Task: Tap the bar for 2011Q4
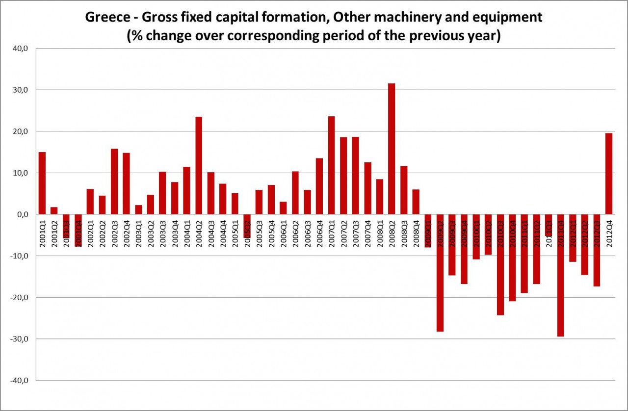[561, 294]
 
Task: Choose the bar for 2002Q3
[114, 181]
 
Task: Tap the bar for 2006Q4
[319, 186]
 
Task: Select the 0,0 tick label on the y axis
[24, 214]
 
